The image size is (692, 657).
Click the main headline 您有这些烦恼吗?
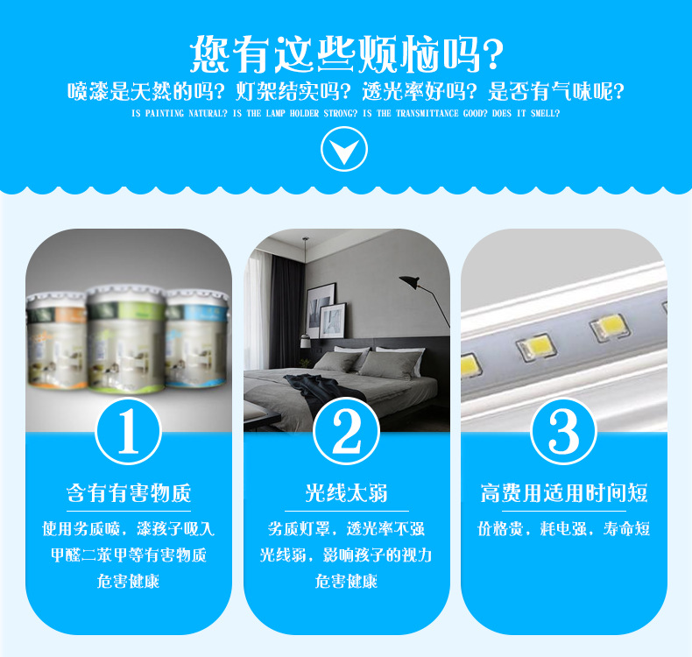tap(346, 54)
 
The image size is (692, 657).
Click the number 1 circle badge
tap(128, 432)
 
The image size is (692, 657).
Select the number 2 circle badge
tap(347, 432)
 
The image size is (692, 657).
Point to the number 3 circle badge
tap(564, 432)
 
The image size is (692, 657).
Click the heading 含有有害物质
tap(128, 493)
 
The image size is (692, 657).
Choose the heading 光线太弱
tap(346, 493)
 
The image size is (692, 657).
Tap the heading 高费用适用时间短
tap(564, 493)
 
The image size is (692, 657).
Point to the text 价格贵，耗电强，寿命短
tap(564, 529)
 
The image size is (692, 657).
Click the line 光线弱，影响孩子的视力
tap(346, 555)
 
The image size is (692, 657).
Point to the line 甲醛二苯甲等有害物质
tap(128, 555)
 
